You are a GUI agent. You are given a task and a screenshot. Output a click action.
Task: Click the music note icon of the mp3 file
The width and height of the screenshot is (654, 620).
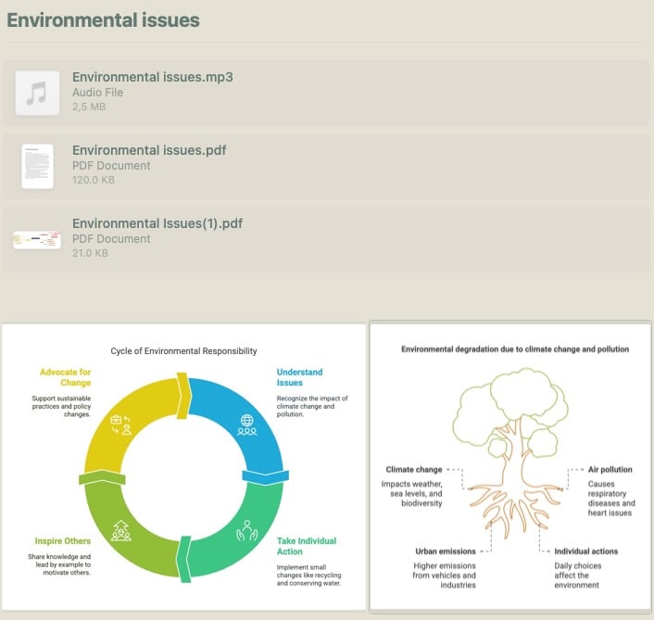click(37, 93)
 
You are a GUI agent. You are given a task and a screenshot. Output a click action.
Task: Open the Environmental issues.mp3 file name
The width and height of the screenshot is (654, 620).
click(153, 77)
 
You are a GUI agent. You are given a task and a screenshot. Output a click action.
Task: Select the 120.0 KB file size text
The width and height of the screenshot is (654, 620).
click(94, 180)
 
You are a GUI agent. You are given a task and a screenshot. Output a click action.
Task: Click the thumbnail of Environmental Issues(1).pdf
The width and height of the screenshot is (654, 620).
click(37, 240)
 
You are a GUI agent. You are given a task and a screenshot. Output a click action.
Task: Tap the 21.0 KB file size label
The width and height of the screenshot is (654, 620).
click(90, 253)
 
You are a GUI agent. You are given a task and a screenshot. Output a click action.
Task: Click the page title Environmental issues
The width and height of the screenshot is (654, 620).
click(103, 20)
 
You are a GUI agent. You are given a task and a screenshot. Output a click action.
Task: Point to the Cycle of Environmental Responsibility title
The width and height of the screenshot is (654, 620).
click(183, 351)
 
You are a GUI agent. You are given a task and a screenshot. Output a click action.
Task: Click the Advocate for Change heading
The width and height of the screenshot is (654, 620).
click(66, 377)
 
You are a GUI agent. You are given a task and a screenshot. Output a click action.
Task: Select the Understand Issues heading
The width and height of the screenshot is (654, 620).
click(299, 377)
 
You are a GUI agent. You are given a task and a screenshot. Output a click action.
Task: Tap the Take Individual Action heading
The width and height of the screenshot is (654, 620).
click(307, 546)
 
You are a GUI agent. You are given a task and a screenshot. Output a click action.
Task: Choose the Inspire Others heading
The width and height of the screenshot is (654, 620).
click(63, 540)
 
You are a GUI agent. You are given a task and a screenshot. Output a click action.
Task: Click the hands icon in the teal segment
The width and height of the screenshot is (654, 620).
click(247, 530)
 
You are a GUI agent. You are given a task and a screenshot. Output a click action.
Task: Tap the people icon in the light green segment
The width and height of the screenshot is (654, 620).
click(121, 531)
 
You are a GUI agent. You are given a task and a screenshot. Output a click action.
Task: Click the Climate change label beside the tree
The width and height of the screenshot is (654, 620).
click(414, 469)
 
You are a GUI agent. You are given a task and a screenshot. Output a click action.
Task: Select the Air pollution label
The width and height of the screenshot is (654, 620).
click(610, 469)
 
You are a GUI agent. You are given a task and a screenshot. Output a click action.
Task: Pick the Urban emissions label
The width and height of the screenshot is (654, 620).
click(446, 551)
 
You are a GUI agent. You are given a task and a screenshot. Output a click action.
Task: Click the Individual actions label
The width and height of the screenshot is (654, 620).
click(586, 551)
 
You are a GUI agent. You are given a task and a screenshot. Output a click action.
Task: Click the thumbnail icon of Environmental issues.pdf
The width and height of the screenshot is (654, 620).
click(38, 166)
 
